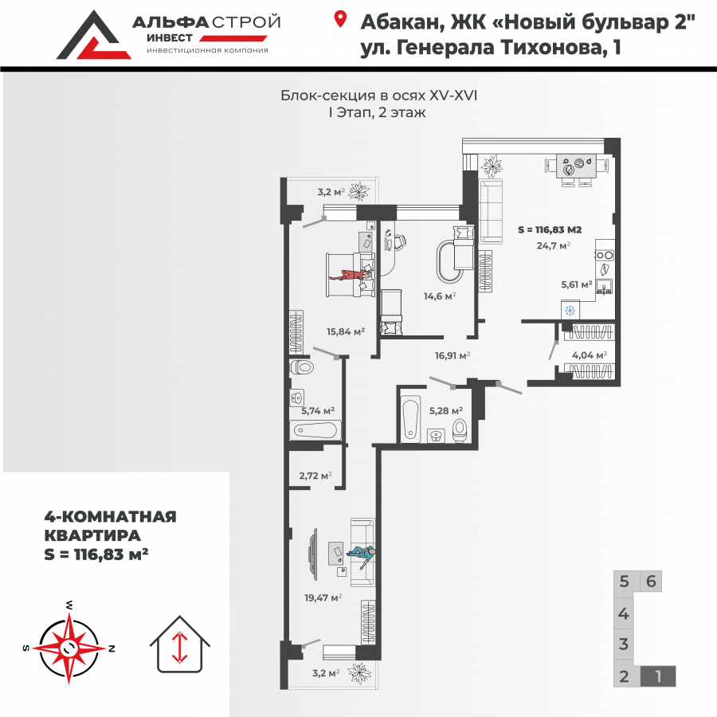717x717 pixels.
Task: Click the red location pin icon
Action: [341, 20]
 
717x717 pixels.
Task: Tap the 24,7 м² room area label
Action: [554, 245]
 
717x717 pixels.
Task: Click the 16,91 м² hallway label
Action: [452, 356]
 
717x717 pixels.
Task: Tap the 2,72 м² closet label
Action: [315, 476]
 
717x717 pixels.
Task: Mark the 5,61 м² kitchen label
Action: [575, 284]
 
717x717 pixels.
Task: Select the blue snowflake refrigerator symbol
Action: [570, 310]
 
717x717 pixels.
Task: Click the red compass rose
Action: [71, 646]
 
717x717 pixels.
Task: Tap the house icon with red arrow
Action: [180, 643]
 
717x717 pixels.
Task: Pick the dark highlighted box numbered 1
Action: [658, 677]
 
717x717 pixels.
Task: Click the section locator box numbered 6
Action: [651, 581]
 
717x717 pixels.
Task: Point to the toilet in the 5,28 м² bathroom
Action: [459, 430]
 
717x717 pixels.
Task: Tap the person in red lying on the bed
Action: [351, 276]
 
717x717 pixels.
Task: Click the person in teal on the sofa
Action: [362, 554]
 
